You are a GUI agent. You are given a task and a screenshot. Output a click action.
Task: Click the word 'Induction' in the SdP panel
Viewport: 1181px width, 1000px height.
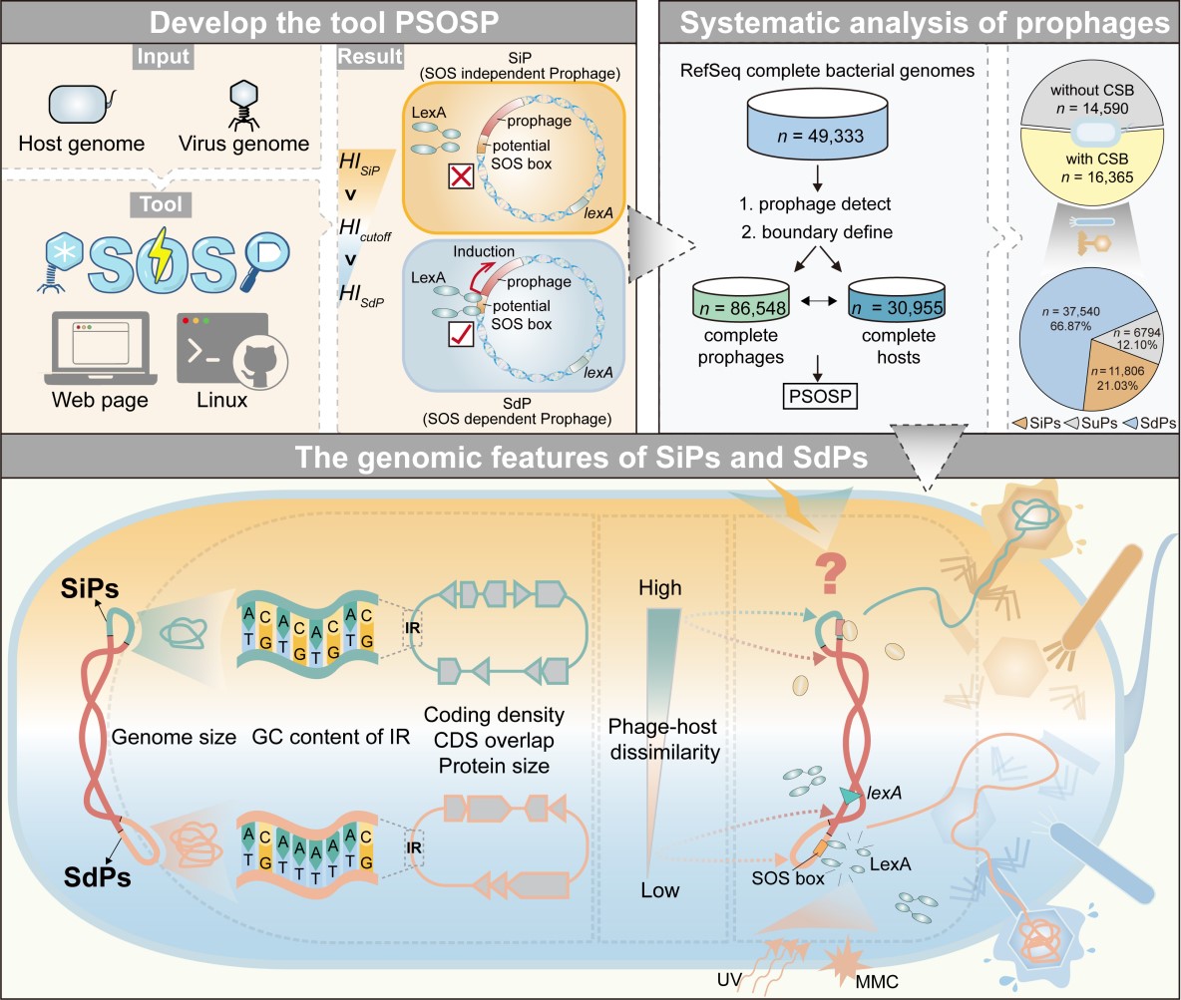point(482,252)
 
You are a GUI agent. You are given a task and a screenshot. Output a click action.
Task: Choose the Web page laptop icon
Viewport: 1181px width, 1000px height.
point(95,348)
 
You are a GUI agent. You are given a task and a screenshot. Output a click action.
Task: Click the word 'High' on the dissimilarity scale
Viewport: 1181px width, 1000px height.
point(659,587)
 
